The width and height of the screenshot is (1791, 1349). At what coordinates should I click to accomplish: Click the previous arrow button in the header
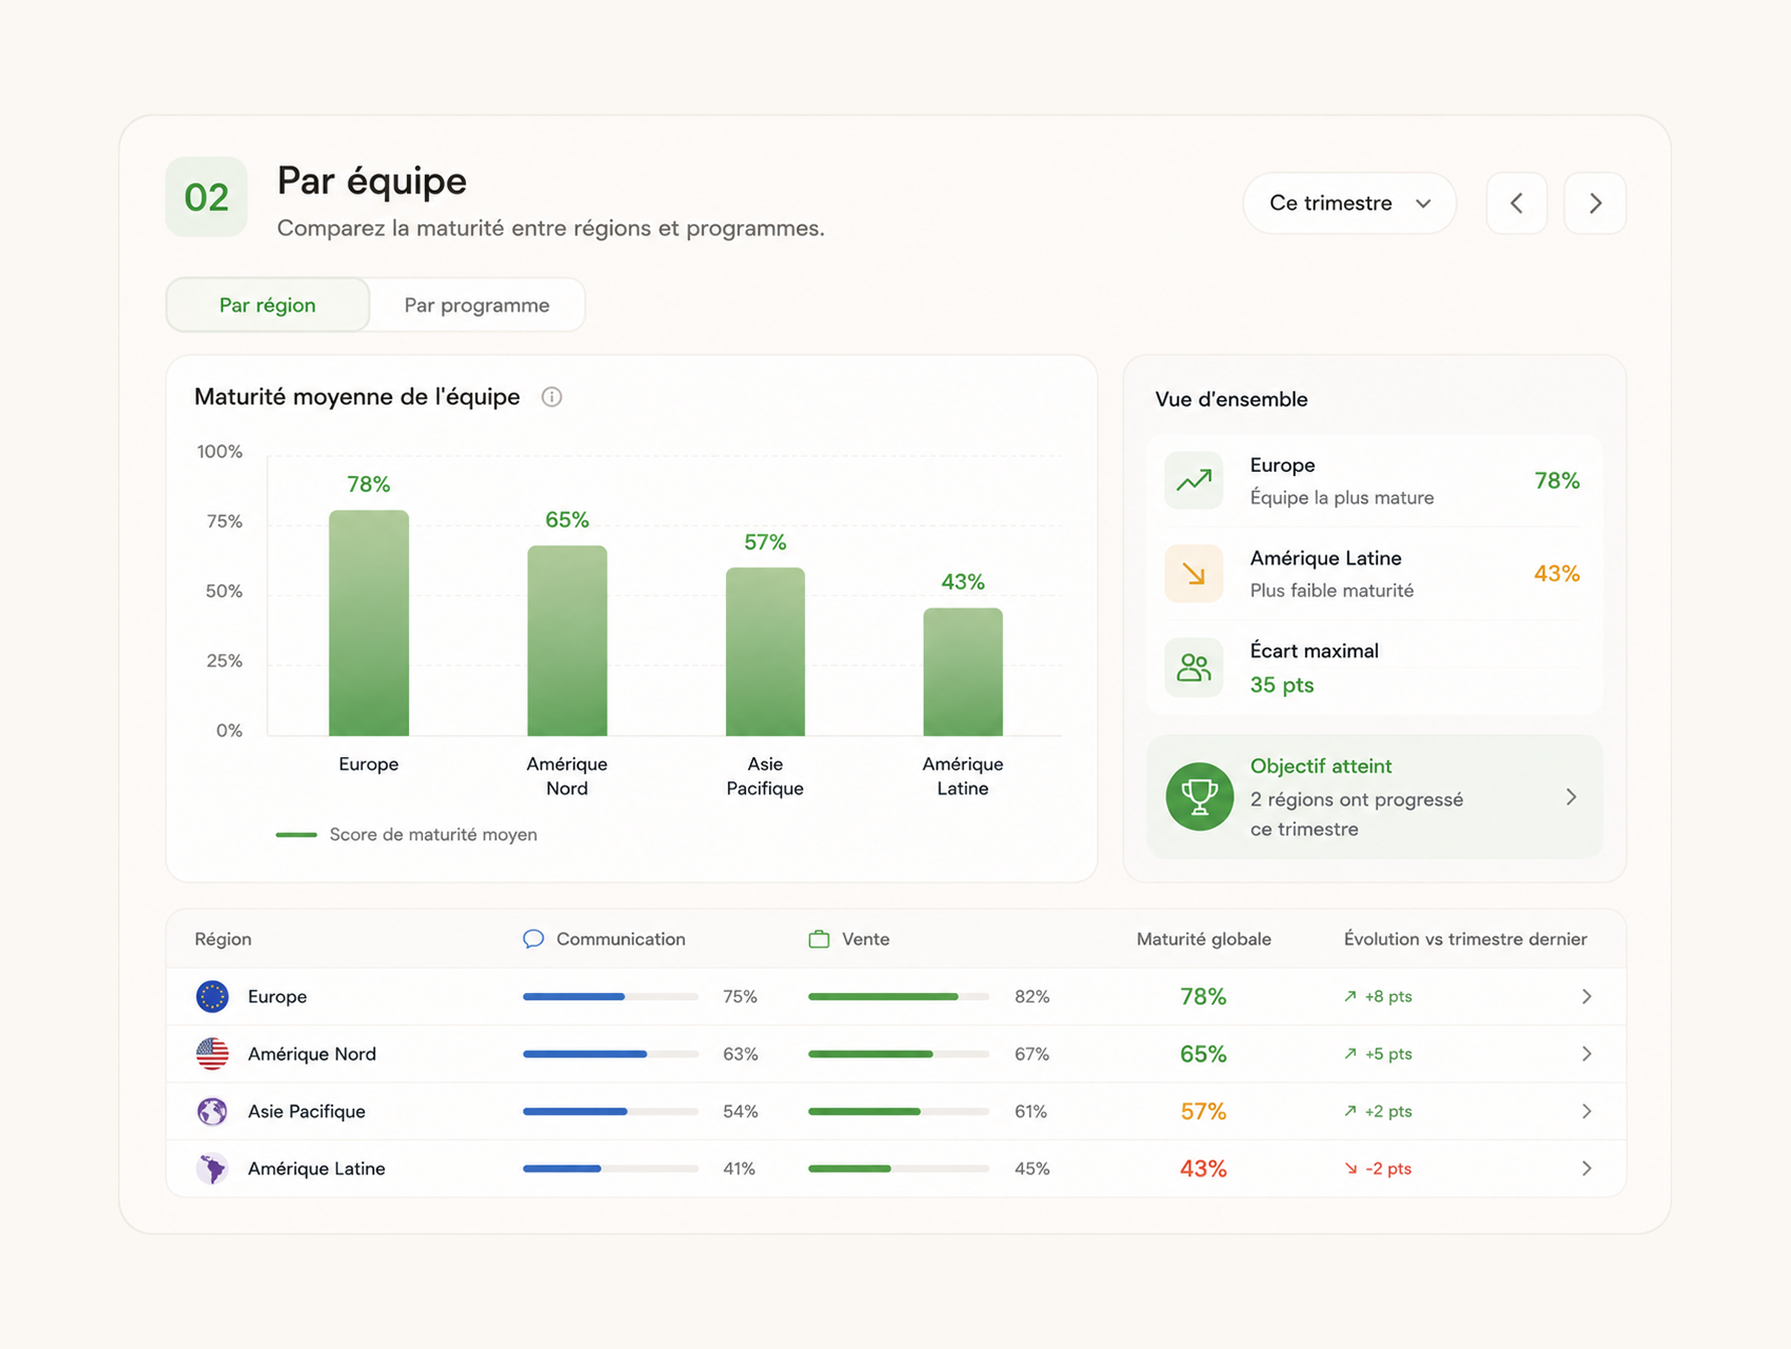[1516, 203]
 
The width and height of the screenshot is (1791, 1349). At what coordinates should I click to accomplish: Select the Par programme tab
[477, 305]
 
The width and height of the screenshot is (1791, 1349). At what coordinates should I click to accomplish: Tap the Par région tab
[268, 305]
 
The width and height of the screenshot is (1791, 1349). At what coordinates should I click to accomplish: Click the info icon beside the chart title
[551, 397]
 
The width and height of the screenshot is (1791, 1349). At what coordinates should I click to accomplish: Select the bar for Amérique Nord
[567, 641]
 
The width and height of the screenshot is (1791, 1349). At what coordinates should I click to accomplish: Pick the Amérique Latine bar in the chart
[963, 672]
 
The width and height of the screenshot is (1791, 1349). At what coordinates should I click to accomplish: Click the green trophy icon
[1199, 797]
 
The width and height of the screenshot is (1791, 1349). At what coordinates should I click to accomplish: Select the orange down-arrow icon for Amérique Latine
[1193, 573]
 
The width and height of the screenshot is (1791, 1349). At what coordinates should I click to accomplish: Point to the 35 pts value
[1282, 685]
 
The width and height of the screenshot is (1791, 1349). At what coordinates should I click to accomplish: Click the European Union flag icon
[212, 997]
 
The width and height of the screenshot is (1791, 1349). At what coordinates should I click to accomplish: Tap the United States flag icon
[212, 1054]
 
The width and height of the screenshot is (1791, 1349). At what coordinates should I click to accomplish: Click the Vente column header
[849, 939]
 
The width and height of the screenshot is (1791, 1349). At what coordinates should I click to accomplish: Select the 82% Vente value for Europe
[1031, 997]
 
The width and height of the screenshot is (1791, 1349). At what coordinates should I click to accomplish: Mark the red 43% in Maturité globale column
[1203, 1168]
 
